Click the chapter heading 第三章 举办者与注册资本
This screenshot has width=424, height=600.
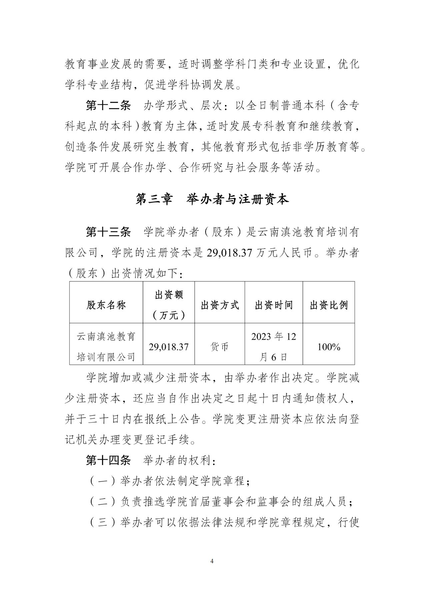point(212,199)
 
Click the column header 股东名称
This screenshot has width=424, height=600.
point(106,305)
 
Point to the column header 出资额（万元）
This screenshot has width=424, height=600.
point(169,305)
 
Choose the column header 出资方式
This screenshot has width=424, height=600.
point(220,305)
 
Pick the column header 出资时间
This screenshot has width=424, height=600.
point(274,305)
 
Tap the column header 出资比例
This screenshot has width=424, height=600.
point(329,305)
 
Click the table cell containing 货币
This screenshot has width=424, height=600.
point(220,347)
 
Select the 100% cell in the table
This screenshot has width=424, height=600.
point(329,347)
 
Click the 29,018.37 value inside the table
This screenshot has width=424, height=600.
point(169,347)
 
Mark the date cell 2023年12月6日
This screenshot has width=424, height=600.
point(274,347)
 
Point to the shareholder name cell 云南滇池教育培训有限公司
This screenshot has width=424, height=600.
point(106,347)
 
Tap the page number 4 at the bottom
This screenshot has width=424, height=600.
point(212,561)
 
